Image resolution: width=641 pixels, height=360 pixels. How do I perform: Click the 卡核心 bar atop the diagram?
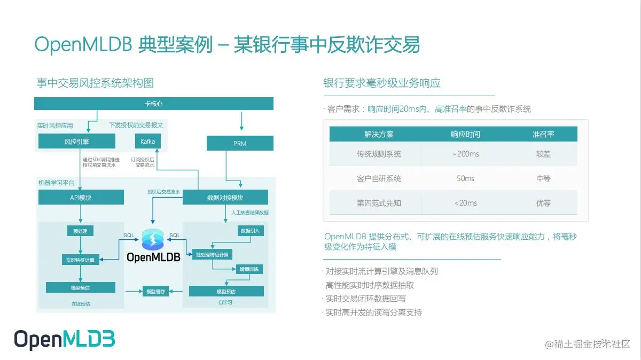click(154, 103)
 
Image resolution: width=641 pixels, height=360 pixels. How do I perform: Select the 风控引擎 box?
click(77, 142)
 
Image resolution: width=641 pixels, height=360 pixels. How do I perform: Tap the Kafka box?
click(147, 142)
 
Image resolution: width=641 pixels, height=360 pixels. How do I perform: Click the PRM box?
click(240, 143)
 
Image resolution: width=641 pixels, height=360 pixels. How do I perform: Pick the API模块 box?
click(81, 198)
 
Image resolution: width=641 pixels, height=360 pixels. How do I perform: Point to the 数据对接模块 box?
click(225, 198)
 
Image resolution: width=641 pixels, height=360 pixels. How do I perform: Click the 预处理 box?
click(80, 231)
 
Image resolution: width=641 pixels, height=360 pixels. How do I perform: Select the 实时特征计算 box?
click(80, 260)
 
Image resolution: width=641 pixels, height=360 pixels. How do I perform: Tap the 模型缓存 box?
click(155, 291)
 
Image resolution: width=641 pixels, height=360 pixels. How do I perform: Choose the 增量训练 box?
click(249, 269)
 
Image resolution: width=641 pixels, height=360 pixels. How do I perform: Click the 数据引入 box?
click(249, 231)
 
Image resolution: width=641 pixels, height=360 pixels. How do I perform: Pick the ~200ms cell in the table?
click(465, 154)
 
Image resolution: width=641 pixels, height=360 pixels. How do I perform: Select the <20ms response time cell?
click(465, 203)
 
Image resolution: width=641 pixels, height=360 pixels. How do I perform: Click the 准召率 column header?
click(543, 134)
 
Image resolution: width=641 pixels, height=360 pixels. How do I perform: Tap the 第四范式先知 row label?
click(379, 203)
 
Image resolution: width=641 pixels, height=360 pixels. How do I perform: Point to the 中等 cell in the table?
click(543, 178)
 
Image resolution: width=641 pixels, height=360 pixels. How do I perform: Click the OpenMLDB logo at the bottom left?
click(64, 340)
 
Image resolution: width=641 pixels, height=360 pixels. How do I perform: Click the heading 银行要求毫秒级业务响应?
click(382, 83)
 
